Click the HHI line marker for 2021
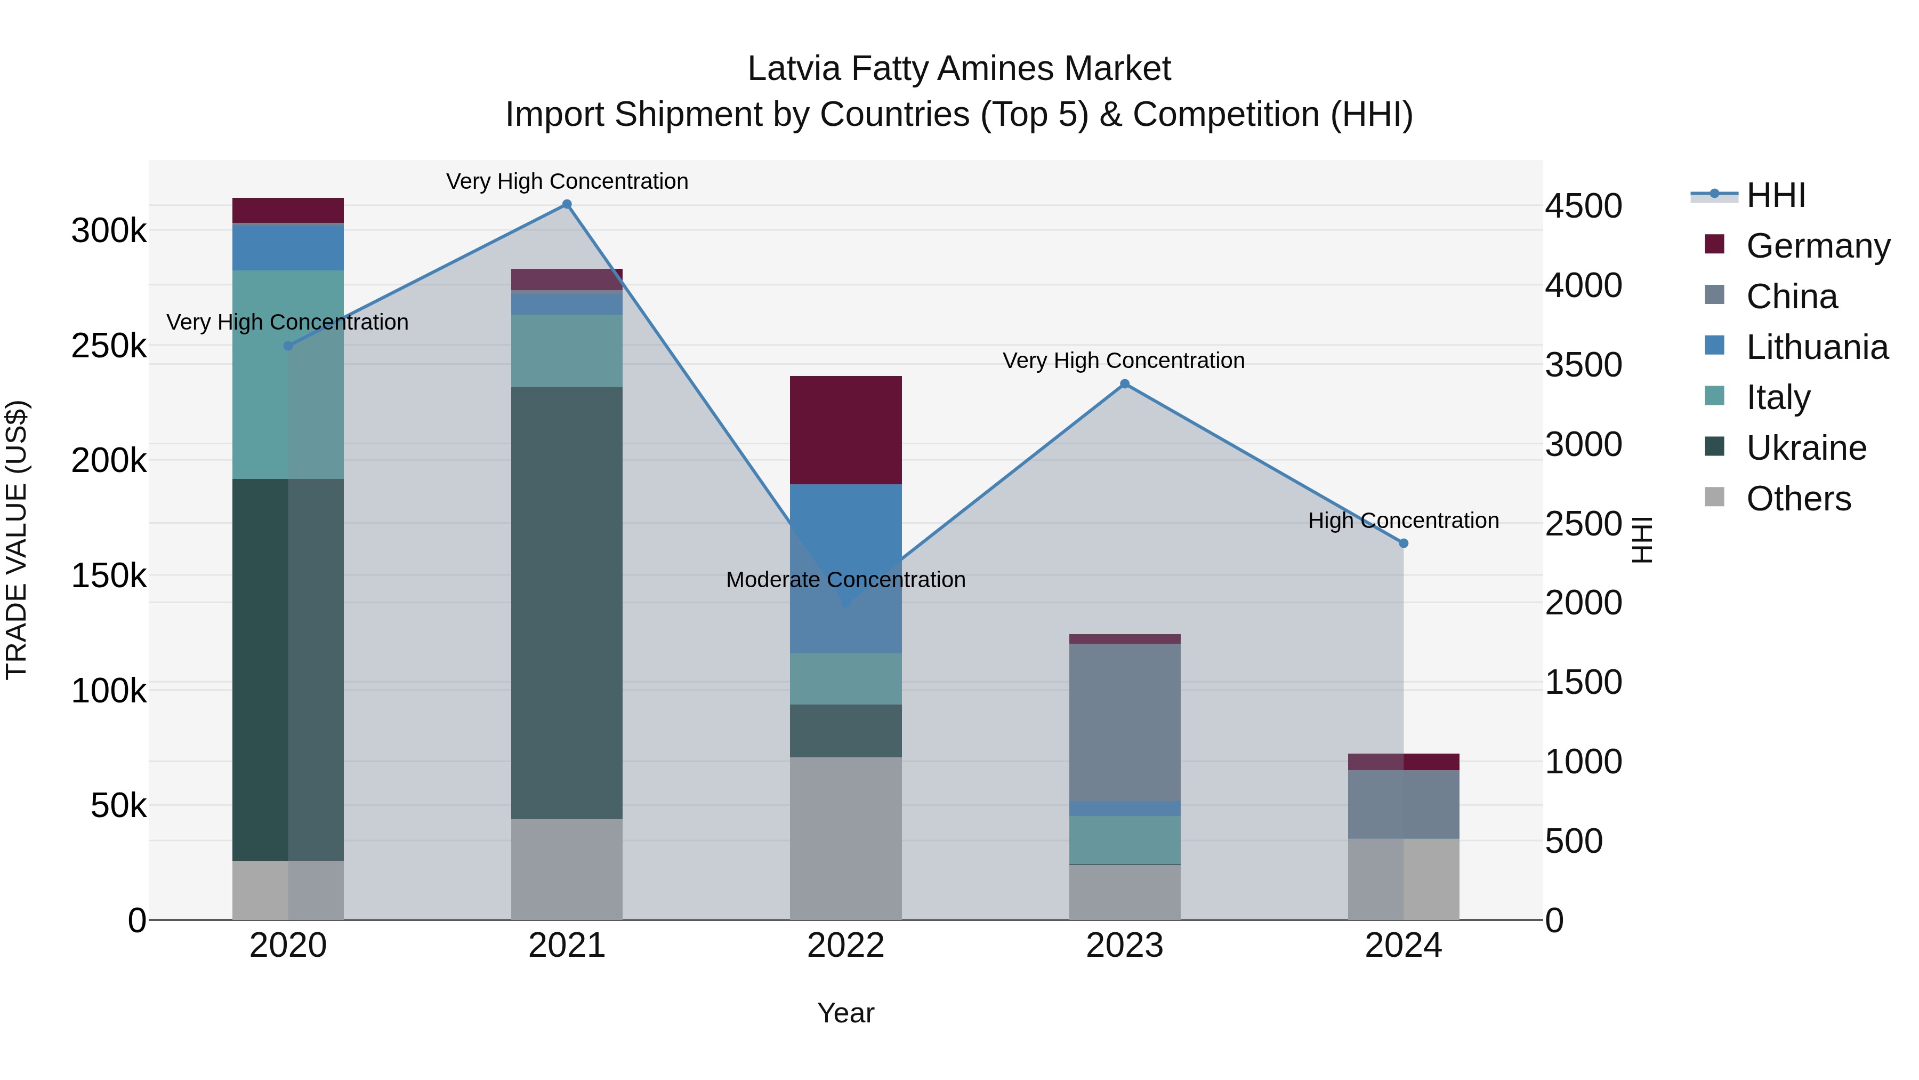[x=567, y=204]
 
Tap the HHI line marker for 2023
[x=1125, y=384]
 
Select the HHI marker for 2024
[x=1404, y=543]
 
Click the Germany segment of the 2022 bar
[x=845, y=430]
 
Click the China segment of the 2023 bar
[x=1125, y=722]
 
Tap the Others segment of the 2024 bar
[x=1404, y=879]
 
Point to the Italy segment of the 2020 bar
[x=288, y=374]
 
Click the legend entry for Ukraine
[x=1806, y=449]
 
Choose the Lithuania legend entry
[x=1816, y=347]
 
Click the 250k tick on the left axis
[x=109, y=346]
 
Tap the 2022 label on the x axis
[x=845, y=946]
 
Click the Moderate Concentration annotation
[x=845, y=579]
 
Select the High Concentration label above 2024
[x=1404, y=520]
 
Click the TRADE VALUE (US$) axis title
[x=17, y=540]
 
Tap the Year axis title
[x=845, y=1013]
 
